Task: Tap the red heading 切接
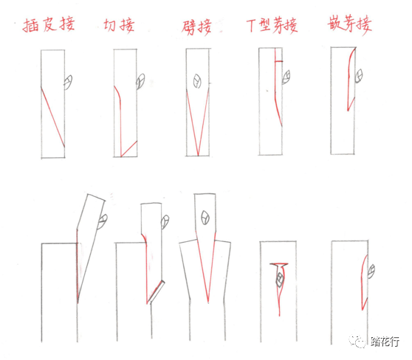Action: point(119,26)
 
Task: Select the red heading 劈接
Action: point(196,27)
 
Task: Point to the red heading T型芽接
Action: point(272,26)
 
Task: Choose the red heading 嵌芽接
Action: point(350,25)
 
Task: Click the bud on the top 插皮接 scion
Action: point(69,82)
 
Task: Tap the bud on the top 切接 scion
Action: point(140,81)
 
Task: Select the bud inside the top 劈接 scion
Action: point(197,81)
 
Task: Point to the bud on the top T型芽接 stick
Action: point(286,77)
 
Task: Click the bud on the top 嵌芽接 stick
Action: point(359,76)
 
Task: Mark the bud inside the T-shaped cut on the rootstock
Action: point(280,280)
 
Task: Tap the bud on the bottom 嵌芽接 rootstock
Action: point(371,271)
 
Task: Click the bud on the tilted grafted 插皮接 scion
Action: point(102,221)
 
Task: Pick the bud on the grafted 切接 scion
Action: point(165,222)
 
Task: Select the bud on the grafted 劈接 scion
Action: point(205,218)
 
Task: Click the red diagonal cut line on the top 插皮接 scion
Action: point(53,117)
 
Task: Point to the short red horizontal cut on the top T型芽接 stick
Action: point(278,61)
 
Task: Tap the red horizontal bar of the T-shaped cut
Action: point(279,263)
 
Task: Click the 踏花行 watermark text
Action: point(385,342)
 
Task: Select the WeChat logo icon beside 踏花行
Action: point(357,341)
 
